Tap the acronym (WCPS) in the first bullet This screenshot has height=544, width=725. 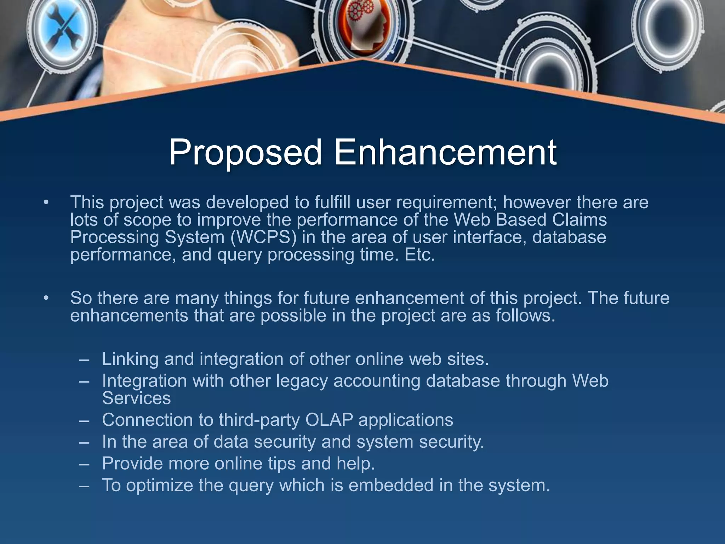(x=263, y=237)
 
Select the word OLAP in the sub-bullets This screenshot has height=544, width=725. (x=329, y=420)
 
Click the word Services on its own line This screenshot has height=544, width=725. (x=136, y=398)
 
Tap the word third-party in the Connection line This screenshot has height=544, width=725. (x=259, y=420)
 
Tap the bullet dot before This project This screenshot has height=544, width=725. (x=46, y=203)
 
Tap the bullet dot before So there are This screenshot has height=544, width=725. (x=46, y=299)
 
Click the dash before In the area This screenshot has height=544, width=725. (x=84, y=442)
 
